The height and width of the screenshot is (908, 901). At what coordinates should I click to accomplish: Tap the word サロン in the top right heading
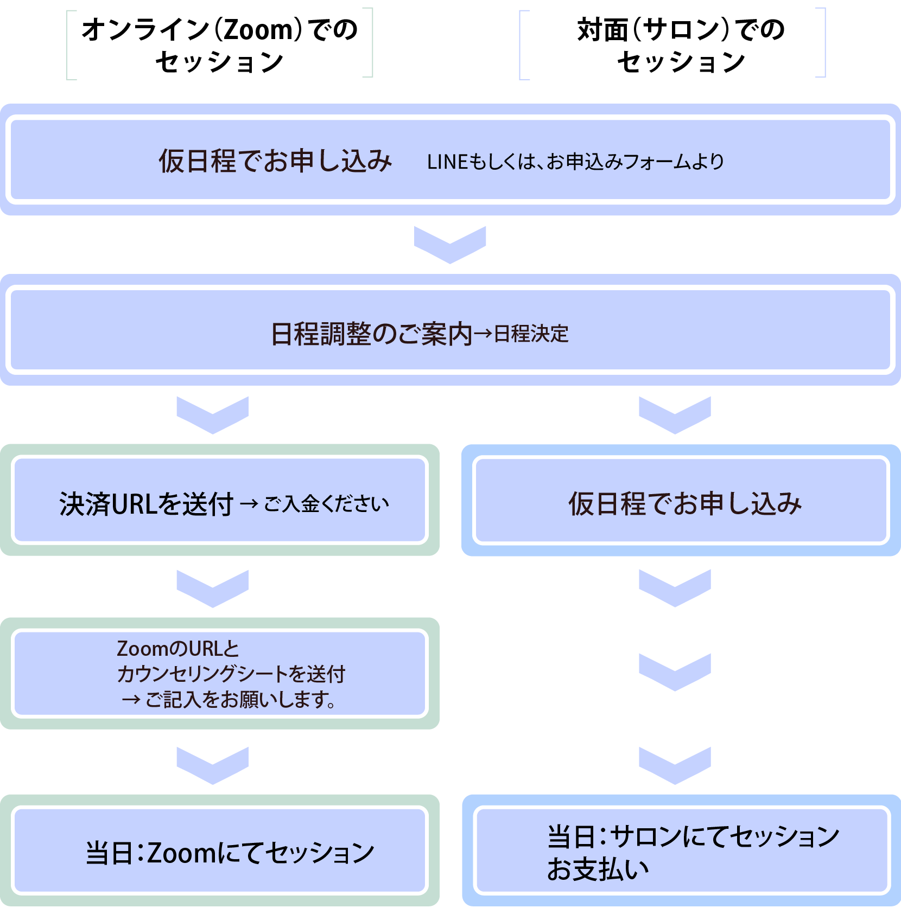point(681,30)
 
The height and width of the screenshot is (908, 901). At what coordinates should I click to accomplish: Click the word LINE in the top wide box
point(447,162)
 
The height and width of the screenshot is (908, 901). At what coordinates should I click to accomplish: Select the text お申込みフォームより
point(635,162)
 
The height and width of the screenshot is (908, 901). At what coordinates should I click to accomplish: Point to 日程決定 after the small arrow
point(531,334)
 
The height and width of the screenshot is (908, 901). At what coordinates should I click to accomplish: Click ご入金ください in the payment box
point(326,504)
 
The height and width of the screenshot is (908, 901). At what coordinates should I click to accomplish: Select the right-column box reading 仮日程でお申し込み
point(682,501)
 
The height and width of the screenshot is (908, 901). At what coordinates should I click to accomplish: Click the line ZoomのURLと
point(177,649)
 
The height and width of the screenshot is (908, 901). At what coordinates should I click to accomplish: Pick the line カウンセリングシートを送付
point(231,674)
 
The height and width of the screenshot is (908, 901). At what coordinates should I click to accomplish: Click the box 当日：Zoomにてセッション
point(220,851)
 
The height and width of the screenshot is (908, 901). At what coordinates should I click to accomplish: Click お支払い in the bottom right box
point(598,869)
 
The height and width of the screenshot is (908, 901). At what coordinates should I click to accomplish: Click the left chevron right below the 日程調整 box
point(212,415)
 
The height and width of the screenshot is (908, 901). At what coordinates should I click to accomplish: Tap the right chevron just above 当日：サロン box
point(675,765)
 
